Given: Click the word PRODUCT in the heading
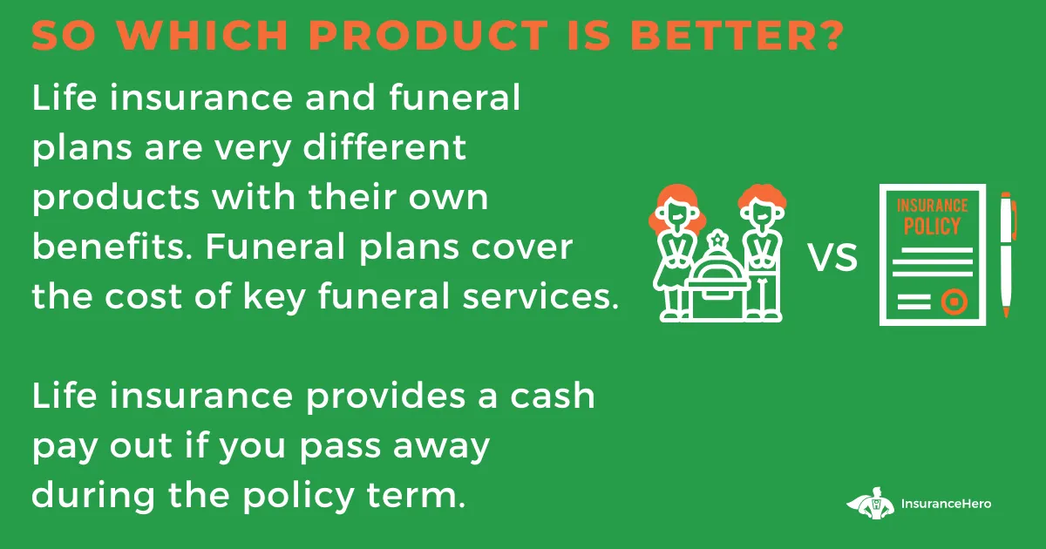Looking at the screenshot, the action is point(428,35).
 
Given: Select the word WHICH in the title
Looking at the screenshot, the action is point(202,35).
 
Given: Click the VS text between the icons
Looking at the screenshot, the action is point(833,257).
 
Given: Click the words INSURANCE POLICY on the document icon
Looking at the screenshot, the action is point(932,216).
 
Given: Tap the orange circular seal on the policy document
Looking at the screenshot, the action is point(954,302).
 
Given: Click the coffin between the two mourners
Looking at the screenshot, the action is point(718,287).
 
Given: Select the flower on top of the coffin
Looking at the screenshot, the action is point(717,240).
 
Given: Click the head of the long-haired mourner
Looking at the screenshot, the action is point(676,210).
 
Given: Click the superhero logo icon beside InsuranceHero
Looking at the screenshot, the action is point(871,504).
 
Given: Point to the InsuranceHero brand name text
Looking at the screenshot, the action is point(946,504).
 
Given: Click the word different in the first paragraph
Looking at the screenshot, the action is point(384,147).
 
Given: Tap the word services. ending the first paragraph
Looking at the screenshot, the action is point(540,296).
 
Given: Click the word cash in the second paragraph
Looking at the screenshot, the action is point(552,396).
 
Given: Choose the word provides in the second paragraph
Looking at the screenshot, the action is point(385,396).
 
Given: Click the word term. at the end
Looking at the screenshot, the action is point(416,495).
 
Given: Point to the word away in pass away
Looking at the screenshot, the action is point(441,447).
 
